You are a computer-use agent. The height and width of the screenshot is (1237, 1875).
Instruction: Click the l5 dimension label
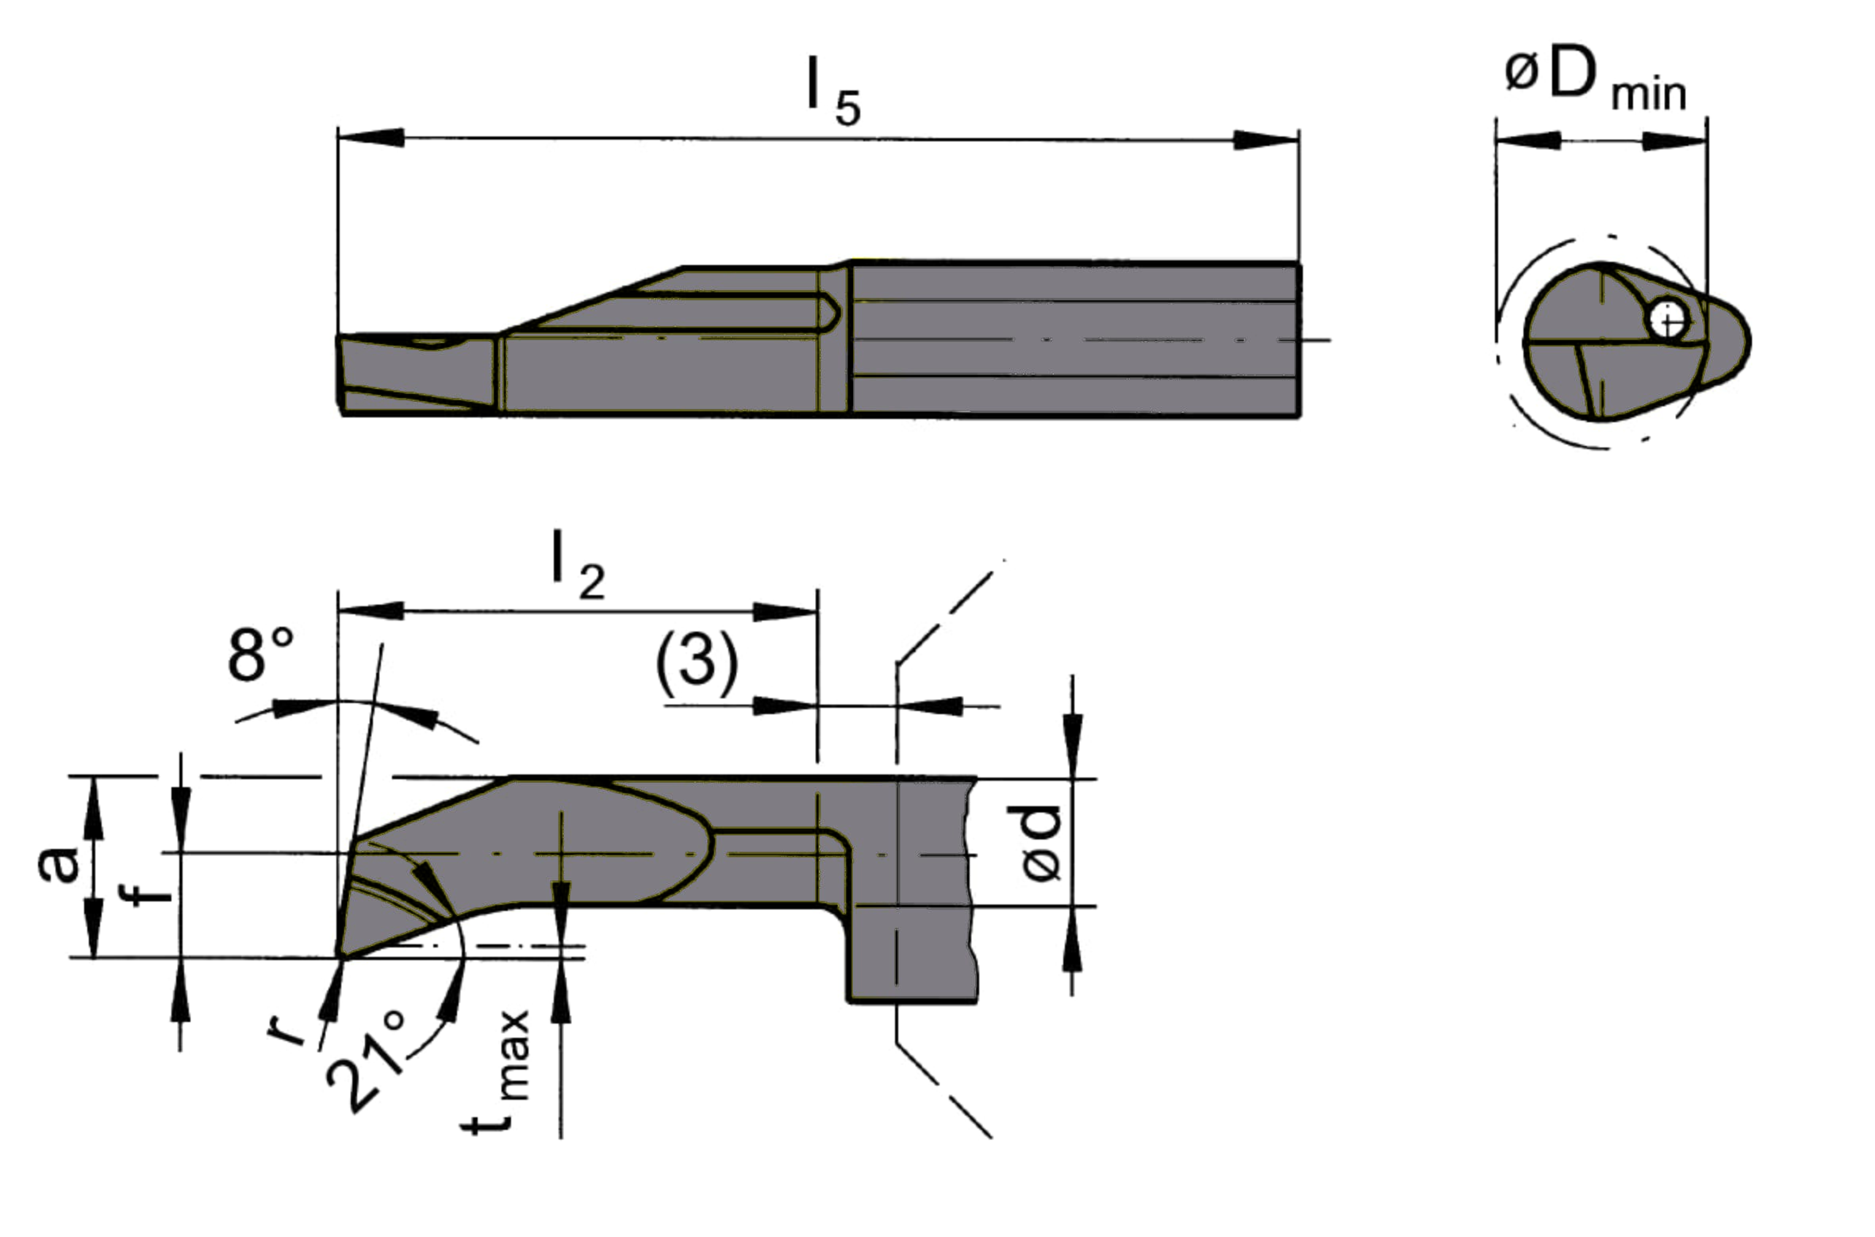click(x=832, y=94)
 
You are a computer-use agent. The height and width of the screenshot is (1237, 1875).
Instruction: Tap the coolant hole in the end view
click(x=1669, y=320)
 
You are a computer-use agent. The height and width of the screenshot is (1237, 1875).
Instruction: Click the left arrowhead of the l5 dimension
click(x=370, y=137)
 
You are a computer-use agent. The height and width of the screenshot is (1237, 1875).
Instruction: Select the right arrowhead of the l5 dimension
click(x=1266, y=140)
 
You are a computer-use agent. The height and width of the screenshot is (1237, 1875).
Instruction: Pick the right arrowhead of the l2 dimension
click(x=785, y=612)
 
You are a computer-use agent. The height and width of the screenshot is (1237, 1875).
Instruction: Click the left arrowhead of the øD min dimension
click(x=1527, y=141)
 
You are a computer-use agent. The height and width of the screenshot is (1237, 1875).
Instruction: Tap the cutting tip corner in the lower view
click(x=340, y=957)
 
